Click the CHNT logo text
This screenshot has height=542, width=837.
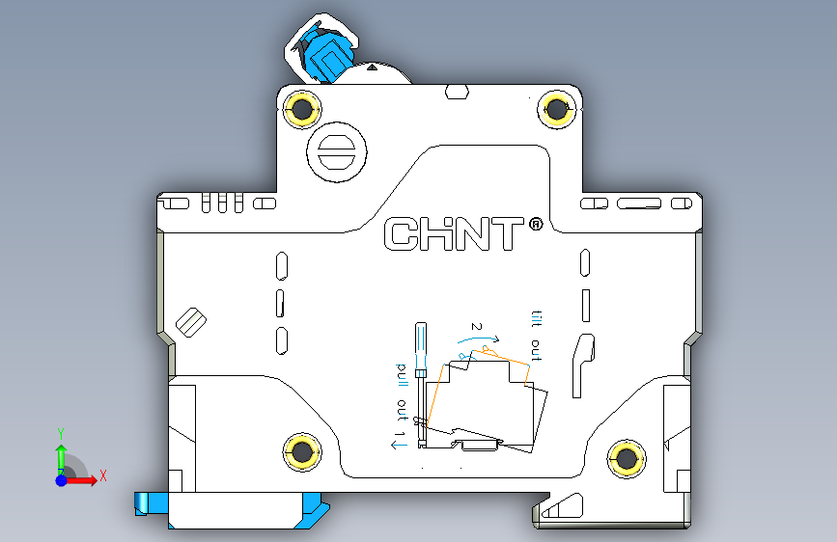point(454,234)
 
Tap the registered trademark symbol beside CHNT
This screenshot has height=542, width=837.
point(536,225)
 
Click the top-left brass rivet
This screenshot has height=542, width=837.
point(302,110)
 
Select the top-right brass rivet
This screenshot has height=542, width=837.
point(557,109)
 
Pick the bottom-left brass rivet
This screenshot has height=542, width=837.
point(302,450)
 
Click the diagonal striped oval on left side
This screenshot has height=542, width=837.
point(190,321)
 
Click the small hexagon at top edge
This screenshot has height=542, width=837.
point(458,93)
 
